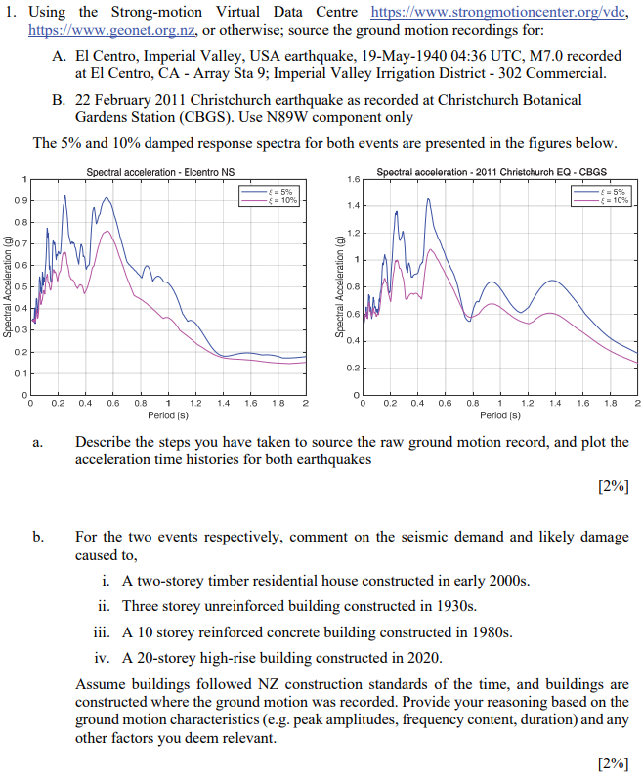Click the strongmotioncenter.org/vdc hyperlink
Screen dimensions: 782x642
pyautogui.click(x=504, y=12)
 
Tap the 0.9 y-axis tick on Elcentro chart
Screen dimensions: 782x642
pyautogui.click(x=20, y=201)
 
